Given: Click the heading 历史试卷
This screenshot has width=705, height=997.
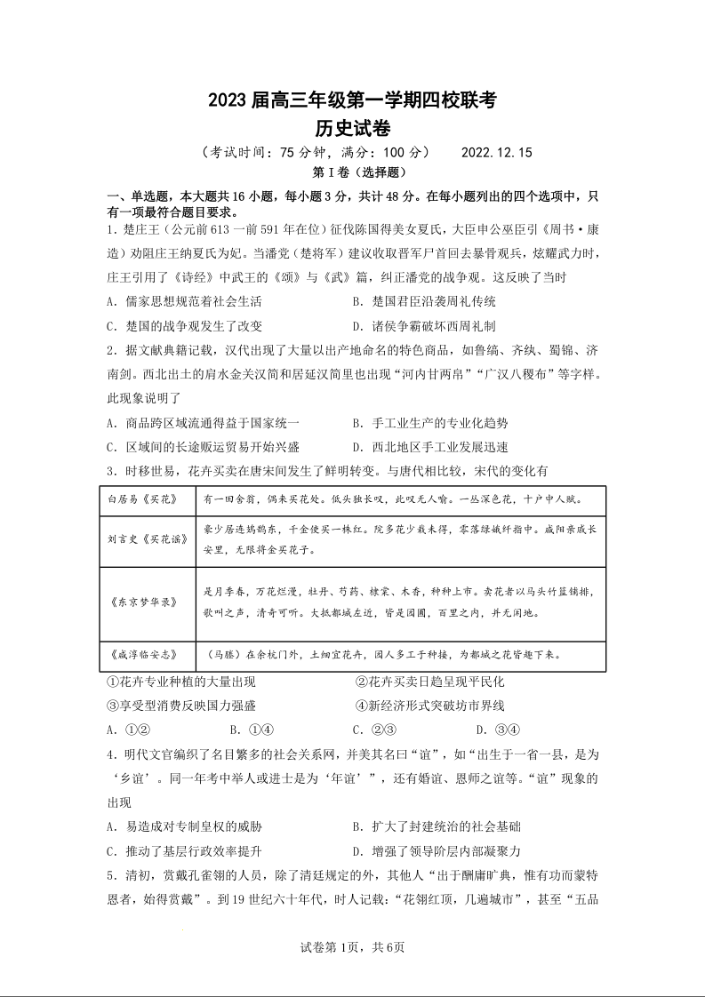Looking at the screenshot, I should (353, 129).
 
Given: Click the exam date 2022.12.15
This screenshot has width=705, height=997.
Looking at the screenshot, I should (496, 152).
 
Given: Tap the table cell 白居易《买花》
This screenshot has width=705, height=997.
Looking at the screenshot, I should (143, 499).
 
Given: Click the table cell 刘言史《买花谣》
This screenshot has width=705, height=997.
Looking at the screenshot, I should (143, 540).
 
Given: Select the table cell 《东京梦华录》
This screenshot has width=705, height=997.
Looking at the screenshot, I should (143, 602).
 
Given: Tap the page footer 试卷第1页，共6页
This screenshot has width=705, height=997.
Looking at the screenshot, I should (353, 947).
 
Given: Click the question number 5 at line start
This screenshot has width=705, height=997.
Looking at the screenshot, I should (109, 875).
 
